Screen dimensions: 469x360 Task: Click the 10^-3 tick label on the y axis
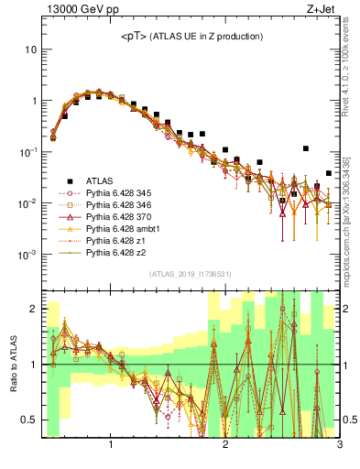point(27,254)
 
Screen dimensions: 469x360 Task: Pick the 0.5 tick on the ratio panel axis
point(29,420)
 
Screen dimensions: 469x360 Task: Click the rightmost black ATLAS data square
point(329,173)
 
